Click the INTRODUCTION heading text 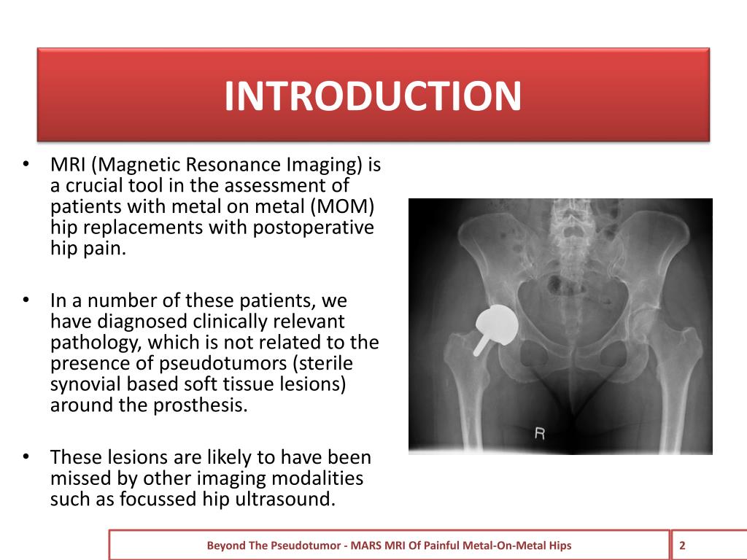[x=373, y=96]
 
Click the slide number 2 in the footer [x=682, y=545]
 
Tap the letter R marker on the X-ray [x=540, y=434]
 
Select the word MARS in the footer [x=363, y=545]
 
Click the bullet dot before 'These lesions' [x=26, y=457]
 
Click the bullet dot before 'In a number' [x=26, y=300]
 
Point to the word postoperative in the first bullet [x=313, y=227]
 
